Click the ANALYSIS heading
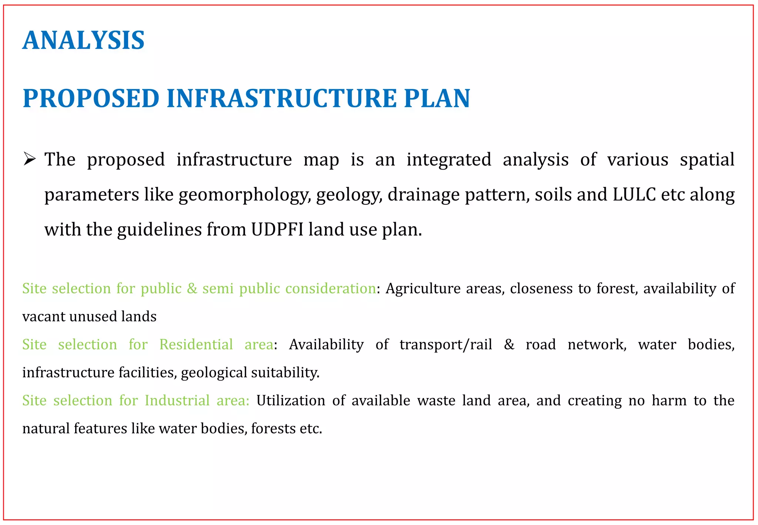click(83, 40)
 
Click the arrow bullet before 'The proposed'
click(29, 160)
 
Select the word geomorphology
click(245, 195)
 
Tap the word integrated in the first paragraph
click(449, 160)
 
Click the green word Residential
click(196, 344)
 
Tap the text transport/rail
click(446, 345)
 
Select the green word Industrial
click(177, 401)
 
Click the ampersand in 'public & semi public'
click(192, 288)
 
